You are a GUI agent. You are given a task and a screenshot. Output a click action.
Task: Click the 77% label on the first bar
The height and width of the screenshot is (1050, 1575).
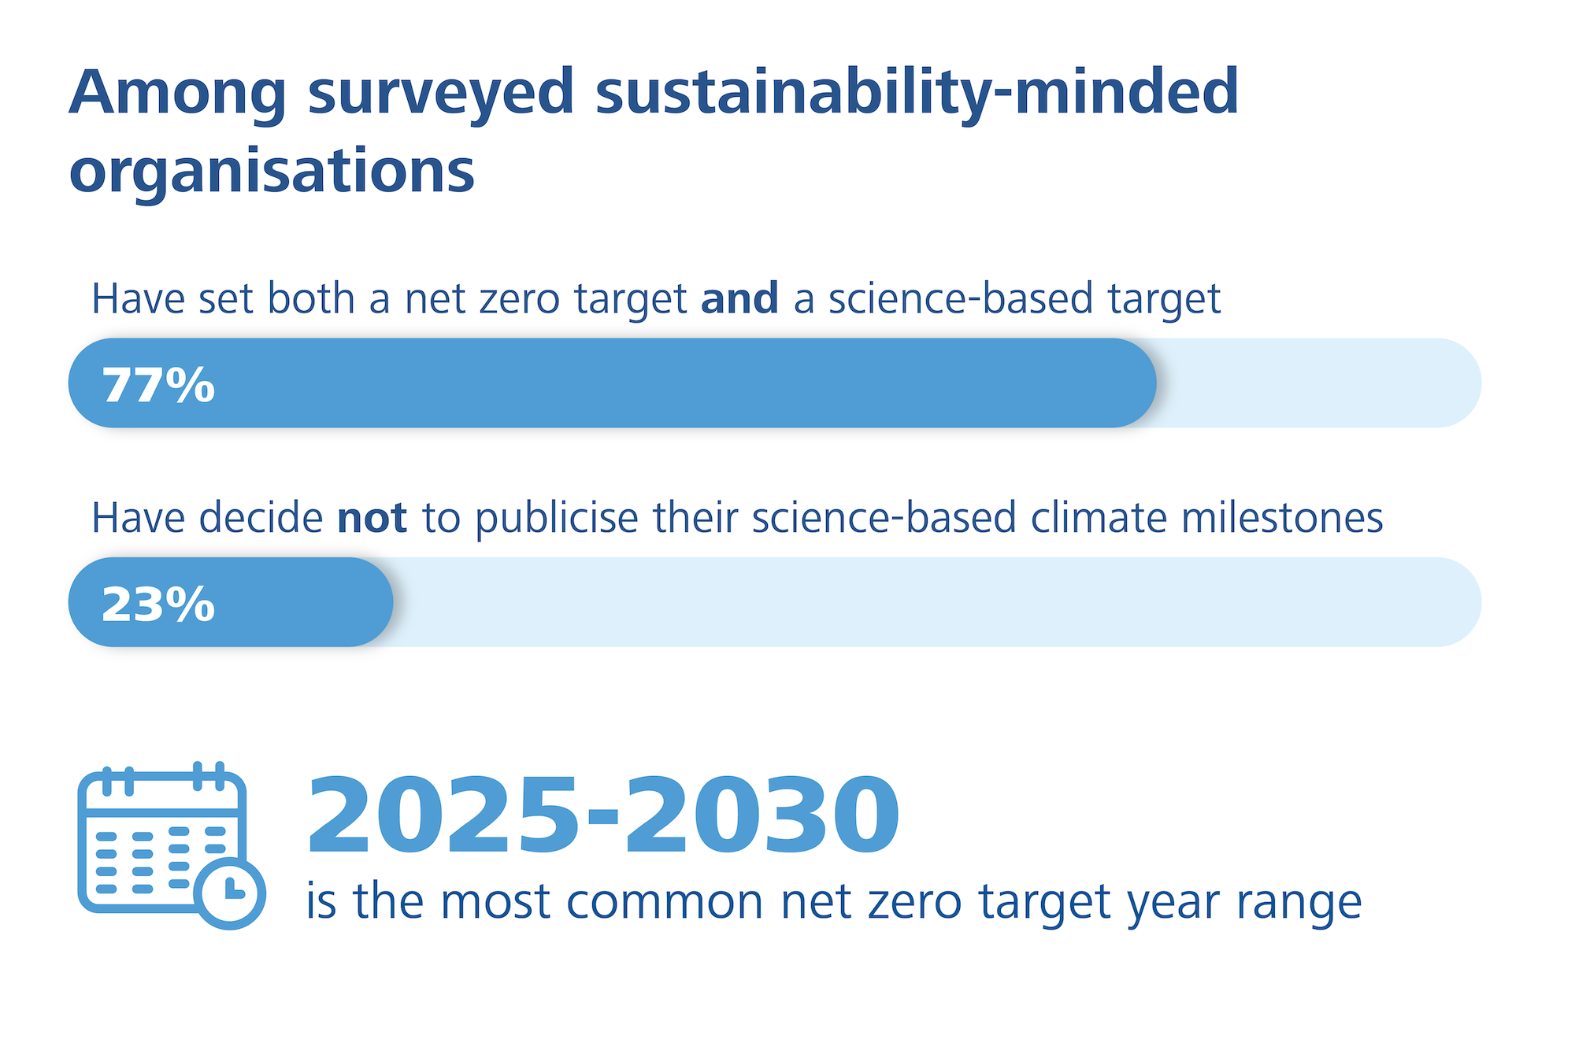pos(158,385)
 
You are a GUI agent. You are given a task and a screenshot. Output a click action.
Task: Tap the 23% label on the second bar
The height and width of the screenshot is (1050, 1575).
pos(158,604)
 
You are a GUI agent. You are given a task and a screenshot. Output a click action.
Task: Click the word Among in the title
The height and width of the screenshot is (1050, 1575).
pos(178,92)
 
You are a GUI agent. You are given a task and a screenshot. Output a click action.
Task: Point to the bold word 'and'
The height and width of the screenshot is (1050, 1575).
pos(739,299)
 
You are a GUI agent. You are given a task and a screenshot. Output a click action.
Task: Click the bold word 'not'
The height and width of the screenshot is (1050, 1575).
pos(372,518)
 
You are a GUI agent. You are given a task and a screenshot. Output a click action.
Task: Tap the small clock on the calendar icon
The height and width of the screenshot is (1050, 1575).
pos(229,894)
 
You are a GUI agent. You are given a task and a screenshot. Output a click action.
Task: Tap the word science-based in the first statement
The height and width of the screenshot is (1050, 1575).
pos(960,299)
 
